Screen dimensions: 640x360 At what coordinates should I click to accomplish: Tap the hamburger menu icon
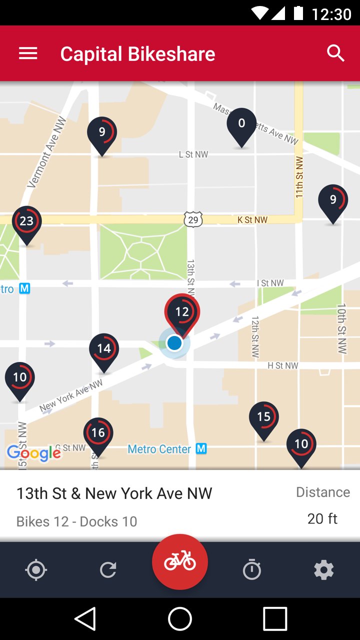tap(28, 53)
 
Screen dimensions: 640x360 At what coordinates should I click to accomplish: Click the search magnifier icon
tap(335, 53)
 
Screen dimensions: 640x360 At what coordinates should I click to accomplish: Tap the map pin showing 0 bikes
tap(241, 125)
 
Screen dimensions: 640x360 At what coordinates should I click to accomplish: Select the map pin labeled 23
tap(26, 222)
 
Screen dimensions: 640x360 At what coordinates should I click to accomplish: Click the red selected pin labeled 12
tap(182, 313)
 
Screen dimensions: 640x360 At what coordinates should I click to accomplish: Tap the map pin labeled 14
tap(104, 349)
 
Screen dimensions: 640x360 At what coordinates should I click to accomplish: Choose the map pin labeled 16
tap(98, 434)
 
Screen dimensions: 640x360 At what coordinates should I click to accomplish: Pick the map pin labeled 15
tap(263, 418)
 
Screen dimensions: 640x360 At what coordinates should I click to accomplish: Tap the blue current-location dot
tap(174, 343)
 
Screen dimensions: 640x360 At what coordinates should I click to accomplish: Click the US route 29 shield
tap(193, 219)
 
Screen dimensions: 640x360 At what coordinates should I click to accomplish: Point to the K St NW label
tap(252, 220)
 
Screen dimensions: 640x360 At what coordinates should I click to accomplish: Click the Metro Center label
tap(159, 449)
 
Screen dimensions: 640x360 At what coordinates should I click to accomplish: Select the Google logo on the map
tap(33, 453)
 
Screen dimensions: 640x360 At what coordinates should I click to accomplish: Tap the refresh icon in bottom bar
tap(108, 570)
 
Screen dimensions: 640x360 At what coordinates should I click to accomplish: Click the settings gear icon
tap(323, 570)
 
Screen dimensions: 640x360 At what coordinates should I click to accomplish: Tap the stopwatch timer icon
tap(251, 570)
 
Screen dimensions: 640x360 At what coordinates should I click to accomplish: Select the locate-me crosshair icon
tap(36, 570)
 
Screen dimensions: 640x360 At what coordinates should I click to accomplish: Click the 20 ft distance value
tap(322, 519)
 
